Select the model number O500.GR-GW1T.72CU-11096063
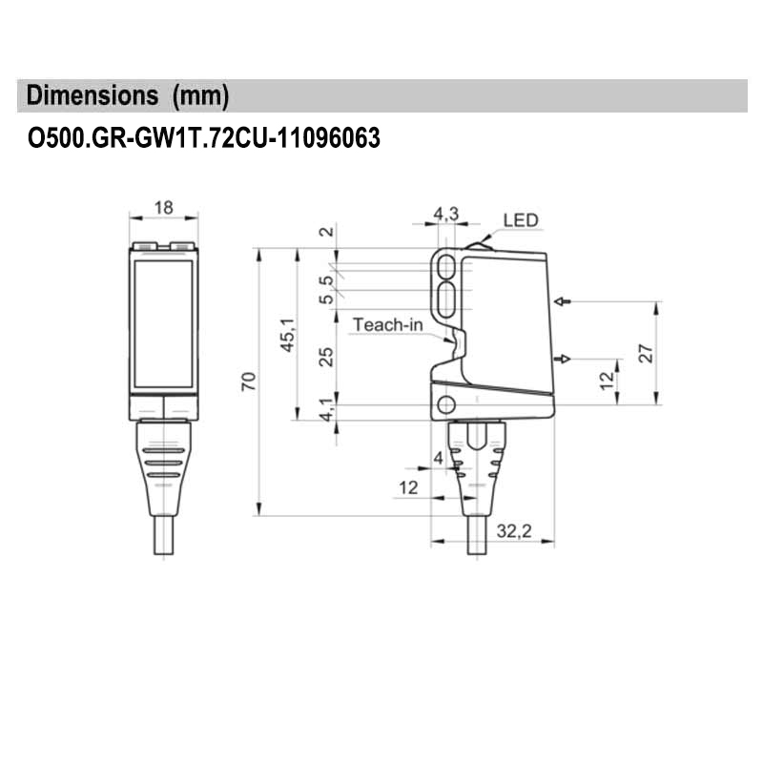coord(204,139)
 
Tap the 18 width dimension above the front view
coord(163,207)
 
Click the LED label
coord(520,220)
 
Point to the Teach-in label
coord(387,324)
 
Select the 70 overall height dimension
coord(248,382)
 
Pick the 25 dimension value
coord(326,357)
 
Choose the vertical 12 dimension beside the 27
coord(605,381)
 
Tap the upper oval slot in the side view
coord(445,267)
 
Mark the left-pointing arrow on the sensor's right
coord(563,302)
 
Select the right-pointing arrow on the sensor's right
coord(563,359)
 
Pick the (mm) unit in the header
coord(199,95)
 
